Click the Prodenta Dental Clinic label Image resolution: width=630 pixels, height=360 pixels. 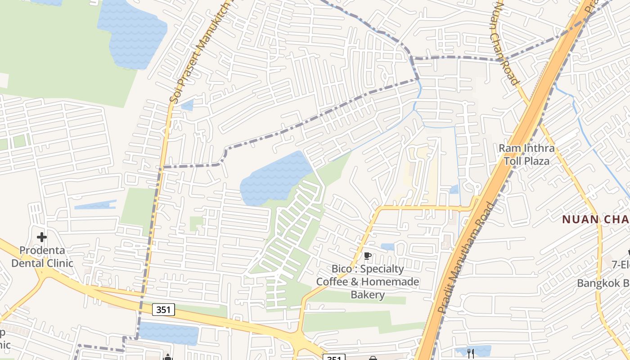(x=42, y=257)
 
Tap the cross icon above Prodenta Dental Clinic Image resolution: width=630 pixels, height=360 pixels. (x=42, y=237)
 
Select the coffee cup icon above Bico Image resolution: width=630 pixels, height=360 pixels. (x=368, y=256)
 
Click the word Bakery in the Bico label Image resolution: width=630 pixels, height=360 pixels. (x=368, y=295)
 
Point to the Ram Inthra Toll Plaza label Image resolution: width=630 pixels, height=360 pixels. (x=526, y=154)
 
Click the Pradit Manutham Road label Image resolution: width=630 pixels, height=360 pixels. (x=465, y=257)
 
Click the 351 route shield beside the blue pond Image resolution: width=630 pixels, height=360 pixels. (x=163, y=310)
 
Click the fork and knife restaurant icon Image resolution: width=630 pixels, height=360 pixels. (x=471, y=354)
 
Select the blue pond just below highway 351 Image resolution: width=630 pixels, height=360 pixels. (x=169, y=333)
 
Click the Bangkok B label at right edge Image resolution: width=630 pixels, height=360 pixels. (x=603, y=283)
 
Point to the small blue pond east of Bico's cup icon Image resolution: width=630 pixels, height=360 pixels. (x=387, y=247)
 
